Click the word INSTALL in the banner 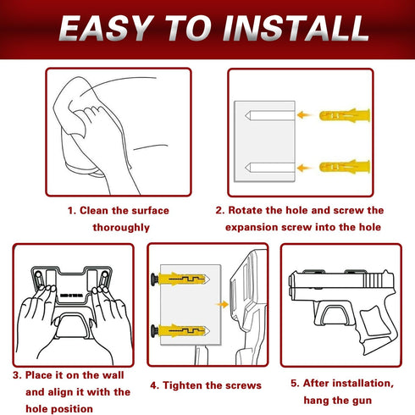point(296,29)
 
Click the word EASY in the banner point(103,29)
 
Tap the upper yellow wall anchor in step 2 point(345,115)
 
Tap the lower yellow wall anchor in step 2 point(345,167)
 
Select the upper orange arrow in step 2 point(304,115)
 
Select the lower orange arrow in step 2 point(304,168)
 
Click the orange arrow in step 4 point(222,304)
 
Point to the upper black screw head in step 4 point(154,279)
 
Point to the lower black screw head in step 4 point(154,330)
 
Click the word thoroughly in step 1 point(121,228)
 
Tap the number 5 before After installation point(294,384)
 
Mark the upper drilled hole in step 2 point(270,115)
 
